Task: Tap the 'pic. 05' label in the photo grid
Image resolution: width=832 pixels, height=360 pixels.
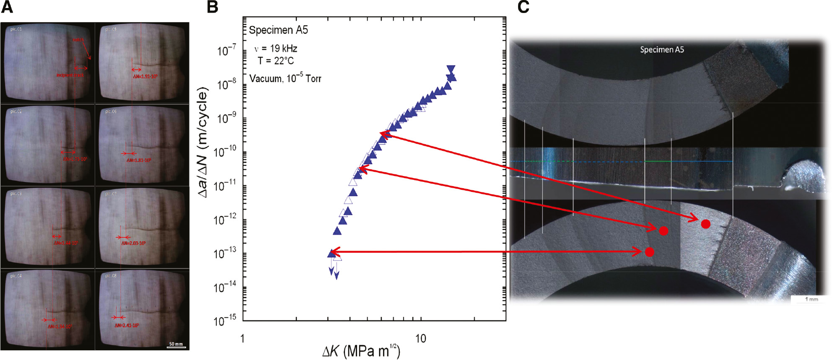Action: [111, 29]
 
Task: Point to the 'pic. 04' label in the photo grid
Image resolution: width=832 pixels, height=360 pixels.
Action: [16, 276]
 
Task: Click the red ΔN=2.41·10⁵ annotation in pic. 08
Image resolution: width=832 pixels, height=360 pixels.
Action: [127, 325]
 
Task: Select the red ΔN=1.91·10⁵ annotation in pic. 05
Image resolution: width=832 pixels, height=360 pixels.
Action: [145, 77]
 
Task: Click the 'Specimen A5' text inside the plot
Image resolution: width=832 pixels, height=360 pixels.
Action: [278, 30]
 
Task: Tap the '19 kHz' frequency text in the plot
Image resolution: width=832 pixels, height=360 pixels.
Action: [283, 49]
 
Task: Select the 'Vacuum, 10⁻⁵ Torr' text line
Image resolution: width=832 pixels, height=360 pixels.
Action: [285, 78]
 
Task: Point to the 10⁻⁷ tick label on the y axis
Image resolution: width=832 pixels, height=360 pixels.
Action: [226, 51]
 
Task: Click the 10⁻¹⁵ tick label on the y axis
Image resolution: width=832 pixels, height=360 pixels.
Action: [225, 321]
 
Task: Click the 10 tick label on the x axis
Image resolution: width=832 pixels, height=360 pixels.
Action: [420, 339]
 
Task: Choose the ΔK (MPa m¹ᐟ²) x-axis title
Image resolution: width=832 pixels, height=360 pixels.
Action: [361, 351]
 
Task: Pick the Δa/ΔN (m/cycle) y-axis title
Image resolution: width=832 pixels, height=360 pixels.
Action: [203, 142]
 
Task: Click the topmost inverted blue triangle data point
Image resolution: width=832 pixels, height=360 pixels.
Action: [451, 69]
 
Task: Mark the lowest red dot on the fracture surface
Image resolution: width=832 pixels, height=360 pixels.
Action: [650, 252]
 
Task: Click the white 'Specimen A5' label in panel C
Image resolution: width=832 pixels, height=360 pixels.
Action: [662, 50]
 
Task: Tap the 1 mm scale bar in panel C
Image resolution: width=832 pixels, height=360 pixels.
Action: [811, 299]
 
